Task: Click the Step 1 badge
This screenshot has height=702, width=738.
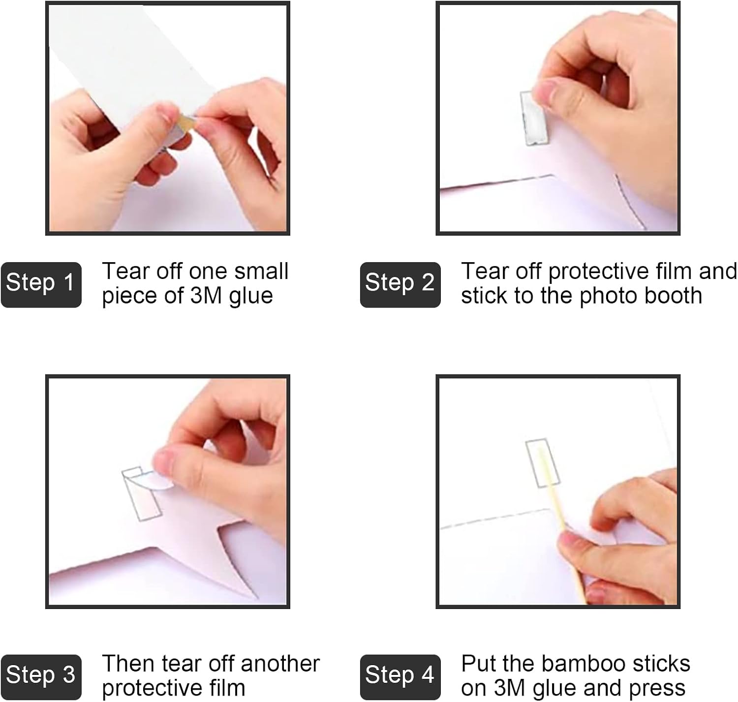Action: coord(41,284)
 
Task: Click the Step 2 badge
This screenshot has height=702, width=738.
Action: coord(400,284)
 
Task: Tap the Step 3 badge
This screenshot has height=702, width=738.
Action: coord(41,677)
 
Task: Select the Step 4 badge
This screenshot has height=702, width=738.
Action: coord(400,677)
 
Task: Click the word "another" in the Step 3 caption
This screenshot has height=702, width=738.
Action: coord(280,663)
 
